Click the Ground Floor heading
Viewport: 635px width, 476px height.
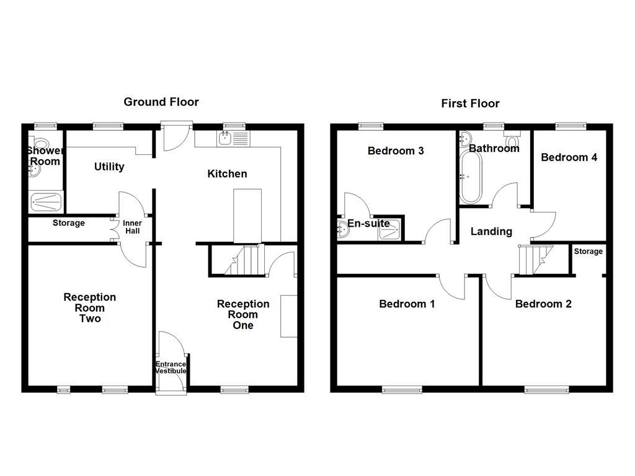point(161,102)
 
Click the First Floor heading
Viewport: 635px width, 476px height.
point(470,104)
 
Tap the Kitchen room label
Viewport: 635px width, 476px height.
point(227,174)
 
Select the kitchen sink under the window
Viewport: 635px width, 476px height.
point(225,138)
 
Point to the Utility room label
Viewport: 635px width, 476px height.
point(109,167)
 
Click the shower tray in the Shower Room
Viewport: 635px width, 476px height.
point(47,201)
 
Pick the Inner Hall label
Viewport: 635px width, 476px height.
point(132,227)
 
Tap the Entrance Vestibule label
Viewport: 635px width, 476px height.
point(171,368)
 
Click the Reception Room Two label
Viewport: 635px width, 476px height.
point(89,308)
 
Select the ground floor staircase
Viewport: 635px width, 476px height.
point(244,260)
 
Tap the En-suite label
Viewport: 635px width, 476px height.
point(368,224)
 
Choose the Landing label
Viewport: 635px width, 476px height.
point(491,232)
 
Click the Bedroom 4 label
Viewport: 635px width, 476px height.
point(569,157)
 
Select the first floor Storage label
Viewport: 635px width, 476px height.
point(588,252)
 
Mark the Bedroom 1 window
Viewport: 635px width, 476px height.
point(402,389)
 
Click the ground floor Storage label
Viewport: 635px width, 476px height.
point(68,223)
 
